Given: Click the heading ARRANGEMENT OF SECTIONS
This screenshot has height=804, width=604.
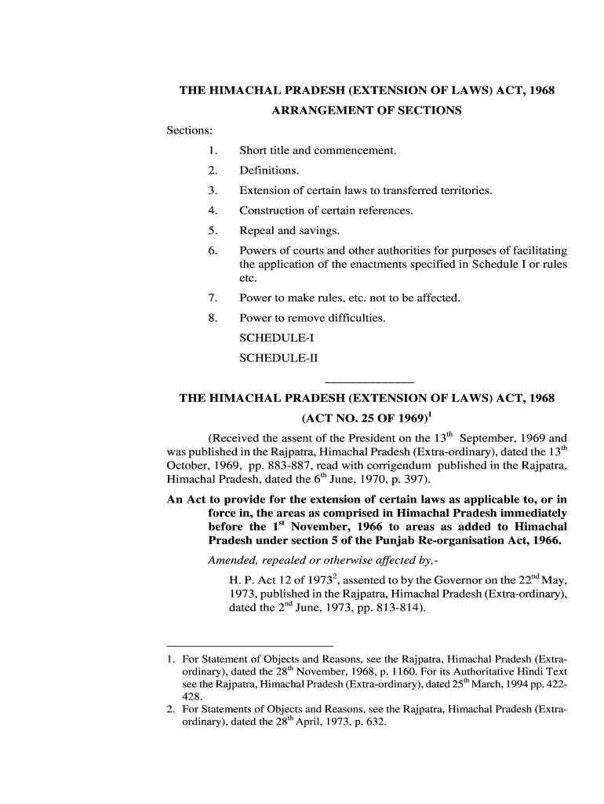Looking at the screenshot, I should [366, 111].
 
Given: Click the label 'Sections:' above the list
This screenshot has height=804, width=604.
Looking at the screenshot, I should [190, 130].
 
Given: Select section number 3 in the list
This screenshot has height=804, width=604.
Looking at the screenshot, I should [213, 191].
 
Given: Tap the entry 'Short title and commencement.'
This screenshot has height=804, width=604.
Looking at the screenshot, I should [318, 150].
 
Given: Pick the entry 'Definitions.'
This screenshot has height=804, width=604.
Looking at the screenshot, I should [269, 170].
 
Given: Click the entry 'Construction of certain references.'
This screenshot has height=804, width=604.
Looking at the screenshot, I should [326, 210].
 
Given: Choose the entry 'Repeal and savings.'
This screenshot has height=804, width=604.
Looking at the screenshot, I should [289, 231].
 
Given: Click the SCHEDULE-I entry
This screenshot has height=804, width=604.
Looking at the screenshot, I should [277, 338].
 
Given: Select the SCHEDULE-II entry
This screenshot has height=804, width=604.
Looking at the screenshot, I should [279, 359].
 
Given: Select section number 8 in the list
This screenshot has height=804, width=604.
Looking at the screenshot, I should [213, 318].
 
